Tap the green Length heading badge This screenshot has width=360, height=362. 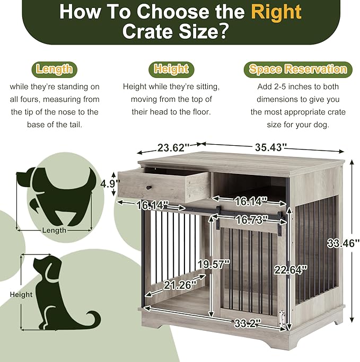(55, 69)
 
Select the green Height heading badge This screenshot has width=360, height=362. (171, 69)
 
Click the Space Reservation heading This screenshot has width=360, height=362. (298, 69)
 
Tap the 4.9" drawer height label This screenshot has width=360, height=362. (108, 184)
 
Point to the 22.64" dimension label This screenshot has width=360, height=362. (291, 269)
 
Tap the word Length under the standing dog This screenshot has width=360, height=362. (55, 231)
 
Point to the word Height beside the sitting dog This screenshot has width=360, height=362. (21, 294)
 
